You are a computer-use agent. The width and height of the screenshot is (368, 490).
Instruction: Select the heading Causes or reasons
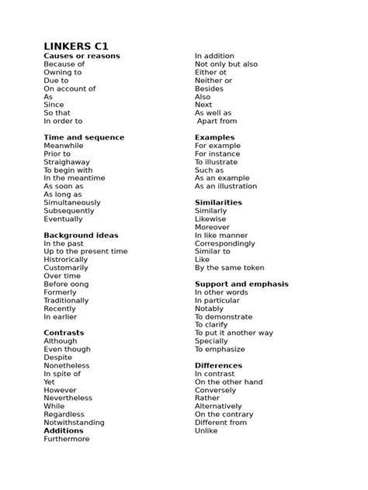(x=82, y=57)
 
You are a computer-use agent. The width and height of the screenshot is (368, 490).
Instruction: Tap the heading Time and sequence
(x=84, y=137)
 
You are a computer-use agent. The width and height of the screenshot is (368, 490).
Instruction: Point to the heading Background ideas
(x=81, y=235)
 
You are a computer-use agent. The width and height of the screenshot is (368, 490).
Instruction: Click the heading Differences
(x=218, y=365)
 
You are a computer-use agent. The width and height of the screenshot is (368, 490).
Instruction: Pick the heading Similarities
(x=218, y=202)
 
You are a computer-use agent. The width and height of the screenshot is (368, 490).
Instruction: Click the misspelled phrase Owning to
(x=62, y=72)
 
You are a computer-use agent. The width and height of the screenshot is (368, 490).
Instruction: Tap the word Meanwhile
(x=63, y=146)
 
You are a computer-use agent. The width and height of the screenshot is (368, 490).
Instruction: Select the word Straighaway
(x=67, y=162)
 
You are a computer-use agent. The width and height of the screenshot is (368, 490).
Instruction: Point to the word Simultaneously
(x=72, y=202)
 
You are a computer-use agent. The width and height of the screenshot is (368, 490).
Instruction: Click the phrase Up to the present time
(x=85, y=251)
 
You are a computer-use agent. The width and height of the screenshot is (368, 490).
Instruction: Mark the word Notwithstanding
(x=74, y=423)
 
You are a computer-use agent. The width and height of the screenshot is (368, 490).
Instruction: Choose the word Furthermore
(x=67, y=439)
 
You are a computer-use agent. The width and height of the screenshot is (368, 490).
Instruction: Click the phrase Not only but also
(x=226, y=64)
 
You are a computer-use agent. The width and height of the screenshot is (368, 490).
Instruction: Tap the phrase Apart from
(x=217, y=121)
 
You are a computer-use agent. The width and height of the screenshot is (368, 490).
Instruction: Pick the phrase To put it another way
(x=234, y=333)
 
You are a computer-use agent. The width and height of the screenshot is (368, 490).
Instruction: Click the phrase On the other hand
(x=228, y=381)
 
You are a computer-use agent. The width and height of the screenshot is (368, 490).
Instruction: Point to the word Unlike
(x=206, y=430)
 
